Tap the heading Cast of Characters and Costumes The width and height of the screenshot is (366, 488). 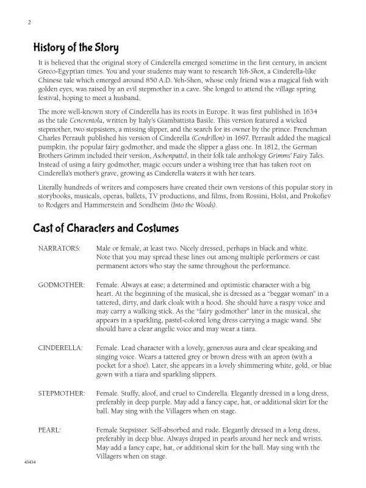click(105, 229)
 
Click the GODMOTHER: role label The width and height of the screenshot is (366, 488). click(61, 285)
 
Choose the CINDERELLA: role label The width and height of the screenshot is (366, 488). click(60, 347)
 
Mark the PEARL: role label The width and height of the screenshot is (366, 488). click(49, 430)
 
